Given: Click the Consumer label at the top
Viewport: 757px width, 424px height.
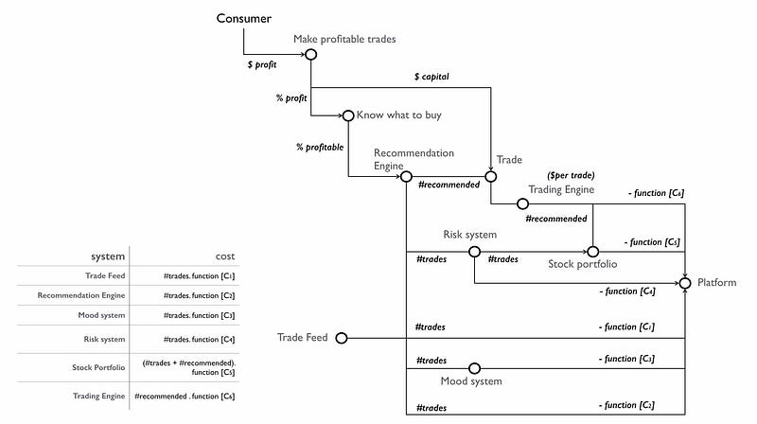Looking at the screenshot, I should [244, 18].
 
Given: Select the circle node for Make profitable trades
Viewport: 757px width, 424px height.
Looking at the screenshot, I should [310, 54].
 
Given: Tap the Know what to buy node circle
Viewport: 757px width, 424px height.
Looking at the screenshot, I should [347, 115].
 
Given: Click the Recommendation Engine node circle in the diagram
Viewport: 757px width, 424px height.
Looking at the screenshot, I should [406, 175].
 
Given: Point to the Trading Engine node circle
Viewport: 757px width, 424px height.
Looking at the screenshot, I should [522, 203].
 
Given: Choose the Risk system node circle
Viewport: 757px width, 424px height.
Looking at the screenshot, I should [473, 252].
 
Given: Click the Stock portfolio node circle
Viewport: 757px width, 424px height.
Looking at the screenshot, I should [593, 252].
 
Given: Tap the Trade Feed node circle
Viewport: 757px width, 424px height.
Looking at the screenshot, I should [342, 337].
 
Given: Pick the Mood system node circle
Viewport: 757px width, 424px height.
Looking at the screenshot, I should [474, 368].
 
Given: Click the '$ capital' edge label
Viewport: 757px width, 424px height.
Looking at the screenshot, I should [431, 76].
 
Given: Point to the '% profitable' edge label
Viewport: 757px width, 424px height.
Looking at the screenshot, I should [320, 147].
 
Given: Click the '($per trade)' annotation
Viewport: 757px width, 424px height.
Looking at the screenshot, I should [571, 175].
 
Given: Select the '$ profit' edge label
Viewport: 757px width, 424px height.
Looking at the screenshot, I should [262, 65].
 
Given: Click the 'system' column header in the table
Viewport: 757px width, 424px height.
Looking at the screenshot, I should [107, 256].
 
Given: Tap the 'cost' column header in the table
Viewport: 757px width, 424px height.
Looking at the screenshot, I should [224, 256].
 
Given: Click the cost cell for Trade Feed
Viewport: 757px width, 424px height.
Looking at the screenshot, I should [198, 275].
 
